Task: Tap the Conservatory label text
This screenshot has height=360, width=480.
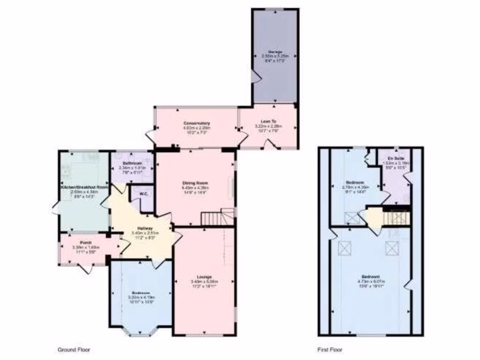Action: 196,123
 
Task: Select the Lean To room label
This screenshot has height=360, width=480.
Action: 266,121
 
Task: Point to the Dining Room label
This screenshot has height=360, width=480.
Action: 196,183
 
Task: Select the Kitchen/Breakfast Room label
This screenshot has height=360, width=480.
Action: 84,187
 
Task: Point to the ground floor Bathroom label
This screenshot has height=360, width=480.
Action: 132,164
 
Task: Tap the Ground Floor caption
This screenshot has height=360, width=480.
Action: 74,350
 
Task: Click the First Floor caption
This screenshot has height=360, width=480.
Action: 330,350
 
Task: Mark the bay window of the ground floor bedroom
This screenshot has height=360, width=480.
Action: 140,331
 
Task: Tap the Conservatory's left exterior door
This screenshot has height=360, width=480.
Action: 151,136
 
